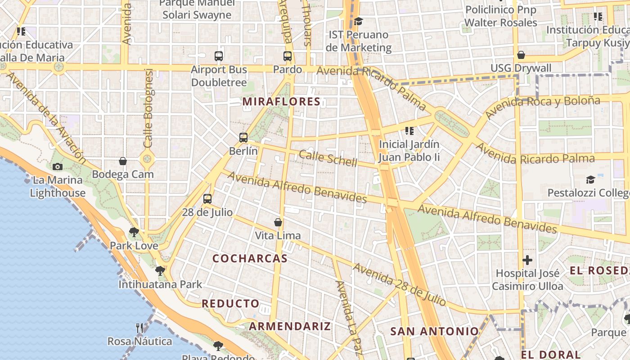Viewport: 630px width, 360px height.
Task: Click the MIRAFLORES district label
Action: (x=282, y=102)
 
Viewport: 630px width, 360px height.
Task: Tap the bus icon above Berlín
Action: (x=243, y=138)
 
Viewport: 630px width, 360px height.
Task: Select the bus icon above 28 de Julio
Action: (x=207, y=198)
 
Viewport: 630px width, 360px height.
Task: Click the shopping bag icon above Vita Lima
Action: (x=278, y=222)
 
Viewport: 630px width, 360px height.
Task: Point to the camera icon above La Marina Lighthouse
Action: (x=57, y=166)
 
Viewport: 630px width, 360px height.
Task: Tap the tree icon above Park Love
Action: (x=134, y=232)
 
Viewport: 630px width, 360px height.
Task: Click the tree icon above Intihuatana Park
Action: (x=160, y=270)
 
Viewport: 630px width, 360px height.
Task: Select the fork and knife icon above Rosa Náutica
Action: (x=139, y=328)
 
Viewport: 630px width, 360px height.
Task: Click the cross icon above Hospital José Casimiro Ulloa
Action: (x=527, y=260)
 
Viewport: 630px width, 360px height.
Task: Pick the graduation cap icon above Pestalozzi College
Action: (x=590, y=180)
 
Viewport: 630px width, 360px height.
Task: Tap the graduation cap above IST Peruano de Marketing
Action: (x=358, y=21)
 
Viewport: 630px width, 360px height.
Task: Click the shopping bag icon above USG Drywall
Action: (x=521, y=55)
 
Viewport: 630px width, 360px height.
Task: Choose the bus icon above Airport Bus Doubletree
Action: (x=219, y=56)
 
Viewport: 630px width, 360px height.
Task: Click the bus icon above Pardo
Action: (x=288, y=56)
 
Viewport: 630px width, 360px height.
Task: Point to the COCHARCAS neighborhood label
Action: (x=250, y=258)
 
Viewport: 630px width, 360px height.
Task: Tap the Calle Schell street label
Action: (x=328, y=158)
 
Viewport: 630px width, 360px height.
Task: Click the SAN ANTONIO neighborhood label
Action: (x=435, y=332)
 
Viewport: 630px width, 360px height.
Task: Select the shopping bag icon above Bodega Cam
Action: (x=123, y=161)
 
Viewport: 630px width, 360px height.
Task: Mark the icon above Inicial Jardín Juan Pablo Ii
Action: (x=409, y=131)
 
